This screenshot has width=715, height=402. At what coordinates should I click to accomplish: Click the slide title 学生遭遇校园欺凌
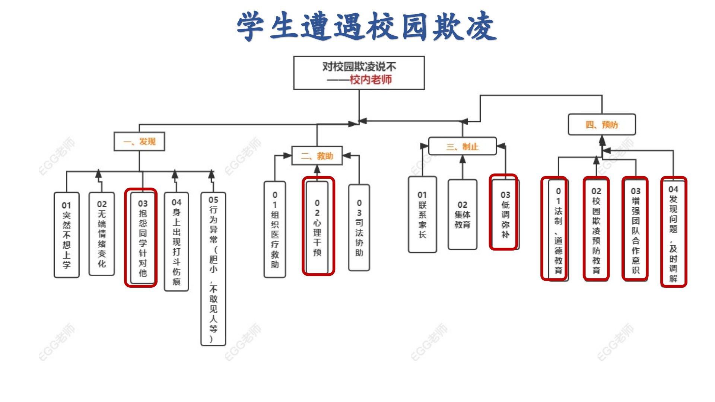(x=366, y=26)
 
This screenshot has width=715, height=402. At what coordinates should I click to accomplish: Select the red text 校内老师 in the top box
(x=371, y=80)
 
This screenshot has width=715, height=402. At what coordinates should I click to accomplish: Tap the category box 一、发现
(x=139, y=141)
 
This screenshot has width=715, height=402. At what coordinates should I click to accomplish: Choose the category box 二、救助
(x=317, y=156)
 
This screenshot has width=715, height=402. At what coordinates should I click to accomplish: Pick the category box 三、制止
(x=462, y=146)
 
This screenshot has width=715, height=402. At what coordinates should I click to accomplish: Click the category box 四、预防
(x=601, y=124)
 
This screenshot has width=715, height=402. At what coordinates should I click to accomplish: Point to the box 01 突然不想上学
(x=67, y=235)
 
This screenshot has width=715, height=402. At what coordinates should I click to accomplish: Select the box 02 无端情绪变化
(x=102, y=234)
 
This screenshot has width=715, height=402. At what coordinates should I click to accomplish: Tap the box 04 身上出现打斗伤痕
(x=177, y=242)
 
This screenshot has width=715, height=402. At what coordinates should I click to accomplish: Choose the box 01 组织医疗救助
(x=275, y=229)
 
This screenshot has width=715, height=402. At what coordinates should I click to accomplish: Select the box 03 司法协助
(x=359, y=227)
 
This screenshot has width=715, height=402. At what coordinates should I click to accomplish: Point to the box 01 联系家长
(x=422, y=214)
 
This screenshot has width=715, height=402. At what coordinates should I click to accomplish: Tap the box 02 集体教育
(x=462, y=214)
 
